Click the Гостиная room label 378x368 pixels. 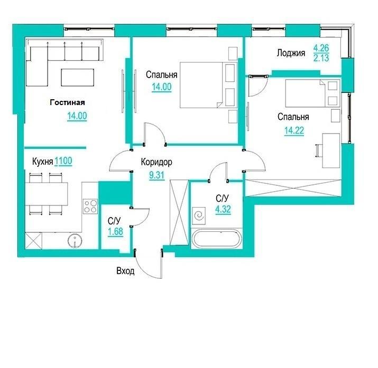[67, 102]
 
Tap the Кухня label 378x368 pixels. [42, 162]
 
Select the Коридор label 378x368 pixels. [156, 162]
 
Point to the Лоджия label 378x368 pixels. [291, 53]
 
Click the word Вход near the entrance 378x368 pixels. [125, 271]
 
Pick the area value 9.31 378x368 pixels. [156, 175]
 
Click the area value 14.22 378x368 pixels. [294, 131]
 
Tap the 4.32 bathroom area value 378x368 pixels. [223, 209]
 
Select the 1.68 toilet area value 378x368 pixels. [115, 232]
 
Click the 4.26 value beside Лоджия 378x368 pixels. [321, 48]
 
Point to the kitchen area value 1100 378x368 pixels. [63, 161]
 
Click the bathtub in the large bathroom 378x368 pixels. [216, 238]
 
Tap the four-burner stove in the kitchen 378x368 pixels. [90, 206]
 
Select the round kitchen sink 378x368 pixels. [75, 240]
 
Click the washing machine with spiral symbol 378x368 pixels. [199, 216]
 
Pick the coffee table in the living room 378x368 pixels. [77, 77]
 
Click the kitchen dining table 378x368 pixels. [47, 194]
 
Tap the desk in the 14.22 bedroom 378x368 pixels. [331, 150]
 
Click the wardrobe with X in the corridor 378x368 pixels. [179, 212]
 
